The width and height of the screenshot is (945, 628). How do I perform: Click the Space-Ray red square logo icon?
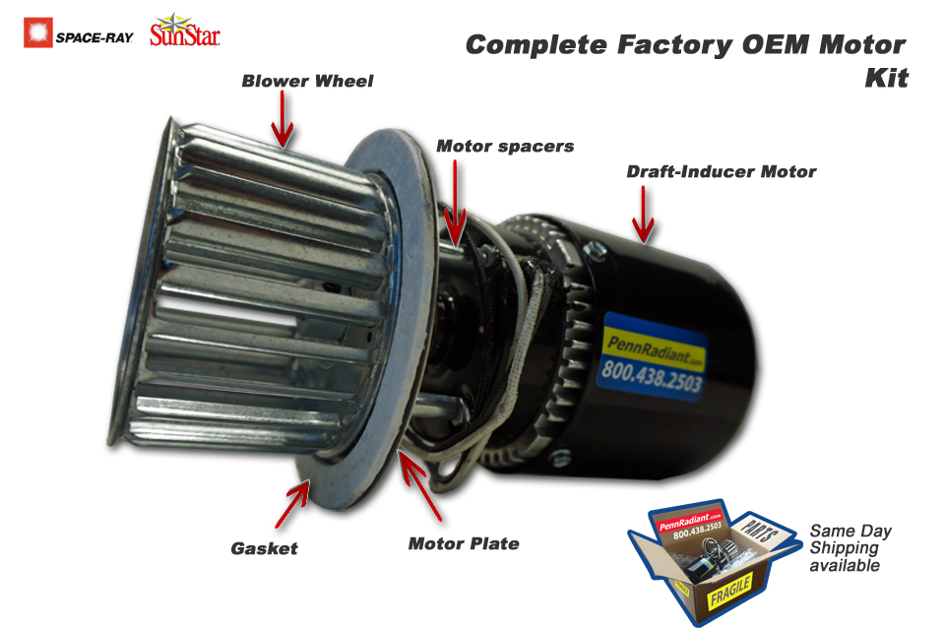(x=37, y=32)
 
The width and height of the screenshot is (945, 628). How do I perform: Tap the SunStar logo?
(x=185, y=31)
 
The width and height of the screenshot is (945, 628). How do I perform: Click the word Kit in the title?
(x=885, y=78)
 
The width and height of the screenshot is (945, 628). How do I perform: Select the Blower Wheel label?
(x=307, y=81)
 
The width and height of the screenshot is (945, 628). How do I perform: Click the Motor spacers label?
(x=505, y=146)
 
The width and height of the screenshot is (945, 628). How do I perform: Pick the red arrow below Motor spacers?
(x=455, y=202)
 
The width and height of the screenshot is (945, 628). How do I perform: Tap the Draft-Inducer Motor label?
(x=722, y=171)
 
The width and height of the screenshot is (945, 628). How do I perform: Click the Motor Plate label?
(x=463, y=542)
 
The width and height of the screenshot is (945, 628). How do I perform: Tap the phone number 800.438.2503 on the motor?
(x=648, y=375)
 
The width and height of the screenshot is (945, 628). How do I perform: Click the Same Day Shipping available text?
(x=850, y=548)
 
